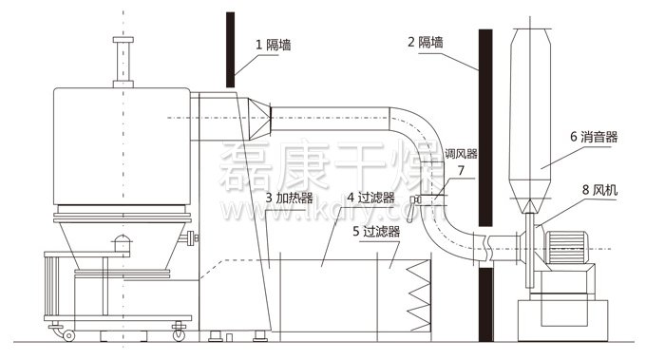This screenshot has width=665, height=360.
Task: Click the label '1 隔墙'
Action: (x=274, y=45)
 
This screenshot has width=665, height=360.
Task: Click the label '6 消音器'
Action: (x=595, y=139)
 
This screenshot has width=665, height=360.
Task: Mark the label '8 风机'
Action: (x=598, y=190)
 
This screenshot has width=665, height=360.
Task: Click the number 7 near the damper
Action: (x=461, y=171)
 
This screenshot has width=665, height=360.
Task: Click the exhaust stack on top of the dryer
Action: (x=121, y=61)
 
